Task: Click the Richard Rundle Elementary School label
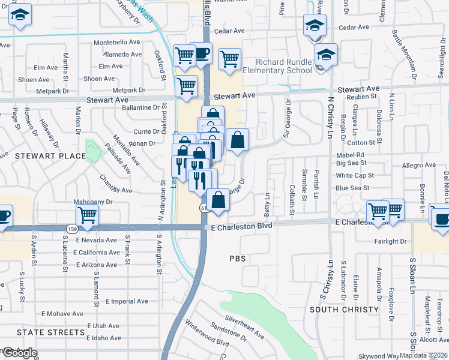pos(284,66)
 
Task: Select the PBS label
pos(238,259)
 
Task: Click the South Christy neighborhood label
pos(344,310)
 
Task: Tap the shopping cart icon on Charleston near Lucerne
pos(88,214)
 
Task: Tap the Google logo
pos(20,353)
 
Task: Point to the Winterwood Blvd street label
pos(208,337)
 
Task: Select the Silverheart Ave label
pos(245,326)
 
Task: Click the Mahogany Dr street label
pos(93,202)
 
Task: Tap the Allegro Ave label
pos(419,164)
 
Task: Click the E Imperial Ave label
pos(127,301)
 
